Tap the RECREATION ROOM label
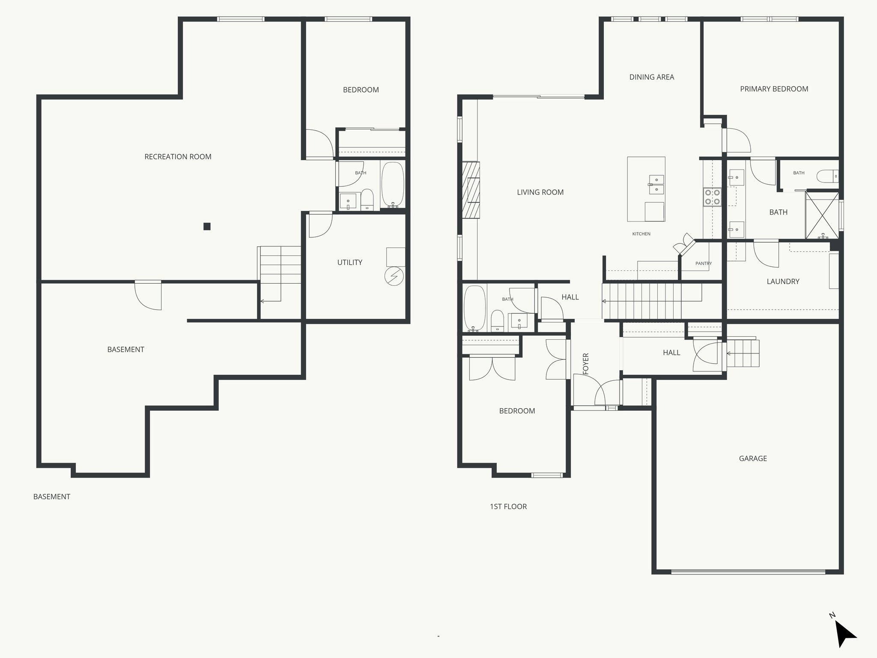[x=178, y=157]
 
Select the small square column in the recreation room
[x=207, y=227]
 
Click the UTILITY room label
[x=349, y=263]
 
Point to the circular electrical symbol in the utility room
[x=394, y=277]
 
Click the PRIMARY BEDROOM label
[x=774, y=89]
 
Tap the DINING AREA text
[x=651, y=77]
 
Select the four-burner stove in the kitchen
[x=712, y=197]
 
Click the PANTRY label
[x=703, y=263]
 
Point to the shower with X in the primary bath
[x=822, y=215]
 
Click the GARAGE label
[x=752, y=458]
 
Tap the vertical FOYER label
[x=586, y=363]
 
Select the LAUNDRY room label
[x=782, y=281]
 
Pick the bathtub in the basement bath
[x=393, y=184]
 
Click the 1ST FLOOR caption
[x=508, y=506]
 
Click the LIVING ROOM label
[x=540, y=192]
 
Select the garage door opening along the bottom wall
[x=748, y=571]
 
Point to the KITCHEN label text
[x=641, y=234]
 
